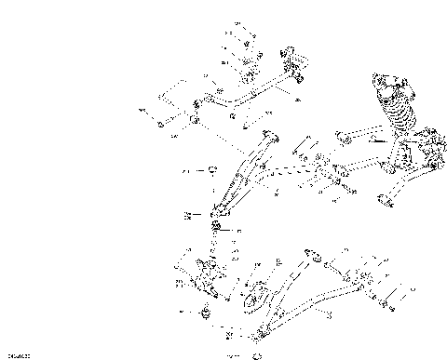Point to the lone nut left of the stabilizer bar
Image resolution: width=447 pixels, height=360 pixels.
(x=161, y=123)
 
